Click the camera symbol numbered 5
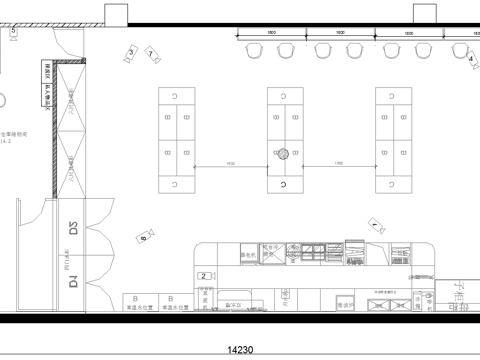click(x=14, y=32)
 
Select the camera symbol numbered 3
click(x=130, y=51)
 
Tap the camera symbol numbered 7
click(x=151, y=52)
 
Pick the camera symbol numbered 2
click(x=205, y=275)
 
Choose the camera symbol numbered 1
click(x=374, y=227)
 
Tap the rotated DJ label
click(x=73, y=281)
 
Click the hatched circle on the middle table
click(x=284, y=154)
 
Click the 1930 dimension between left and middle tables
click(x=230, y=163)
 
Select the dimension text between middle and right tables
click(x=339, y=163)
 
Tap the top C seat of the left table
click(x=176, y=95)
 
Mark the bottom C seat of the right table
click(x=394, y=186)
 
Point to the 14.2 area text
click(x=6, y=143)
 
